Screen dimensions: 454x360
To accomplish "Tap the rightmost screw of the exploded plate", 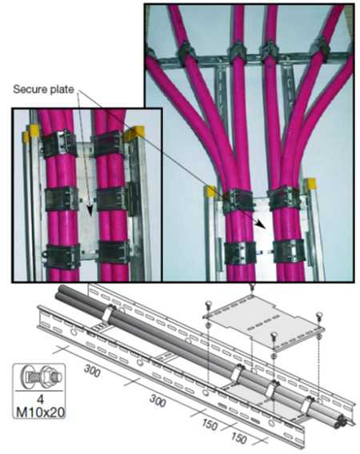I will coord(319,317).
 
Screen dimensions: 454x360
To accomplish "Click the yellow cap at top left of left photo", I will coord(31,133).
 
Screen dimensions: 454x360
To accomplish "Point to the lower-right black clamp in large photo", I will coord(286,250).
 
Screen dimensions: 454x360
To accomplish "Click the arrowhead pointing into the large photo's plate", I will coord(261,226).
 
